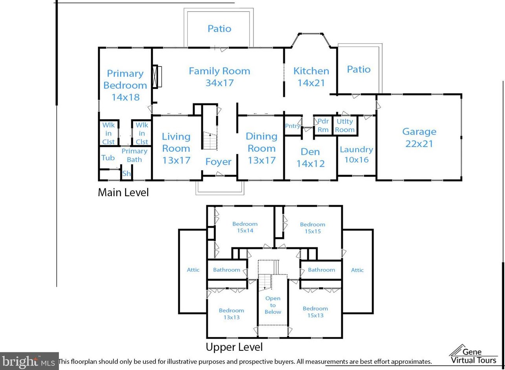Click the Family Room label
219,77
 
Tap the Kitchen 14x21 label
311,77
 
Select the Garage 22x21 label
419,138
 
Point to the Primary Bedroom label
125,85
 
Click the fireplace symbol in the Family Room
158,77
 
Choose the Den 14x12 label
310,157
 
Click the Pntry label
292,126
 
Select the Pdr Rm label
323,125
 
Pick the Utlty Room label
345,125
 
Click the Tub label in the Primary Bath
108,158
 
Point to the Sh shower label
126,173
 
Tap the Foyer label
219,162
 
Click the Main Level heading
123,192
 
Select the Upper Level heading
234,347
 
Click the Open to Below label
273,305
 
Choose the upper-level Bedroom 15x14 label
245,227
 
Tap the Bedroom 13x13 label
232,314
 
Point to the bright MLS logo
29,361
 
